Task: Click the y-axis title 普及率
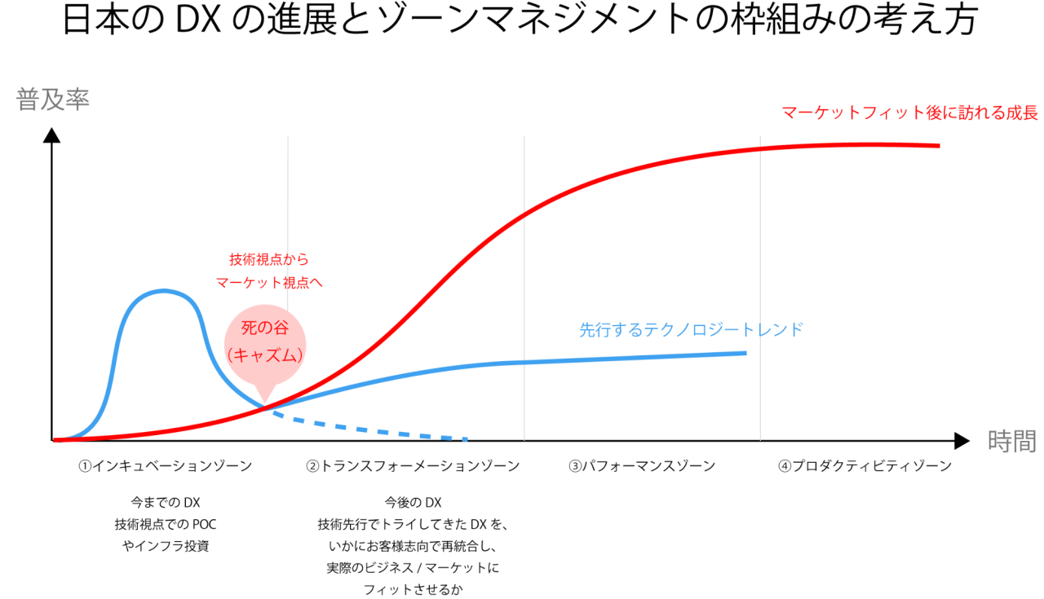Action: (x=52, y=99)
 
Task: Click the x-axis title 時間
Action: (x=1011, y=441)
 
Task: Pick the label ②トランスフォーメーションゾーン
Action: (x=413, y=466)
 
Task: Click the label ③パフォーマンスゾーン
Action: (x=642, y=466)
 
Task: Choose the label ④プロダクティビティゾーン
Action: (x=865, y=466)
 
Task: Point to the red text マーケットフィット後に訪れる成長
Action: (x=909, y=112)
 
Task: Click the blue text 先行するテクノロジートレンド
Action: (x=691, y=330)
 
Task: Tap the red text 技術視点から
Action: (x=268, y=260)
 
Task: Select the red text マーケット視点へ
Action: (x=268, y=283)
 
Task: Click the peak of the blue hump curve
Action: (x=165, y=290)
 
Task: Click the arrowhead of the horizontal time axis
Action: (x=962, y=441)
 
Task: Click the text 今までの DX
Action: (x=165, y=502)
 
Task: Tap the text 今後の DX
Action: (x=413, y=502)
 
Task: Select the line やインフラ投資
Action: (x=165, y=546)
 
